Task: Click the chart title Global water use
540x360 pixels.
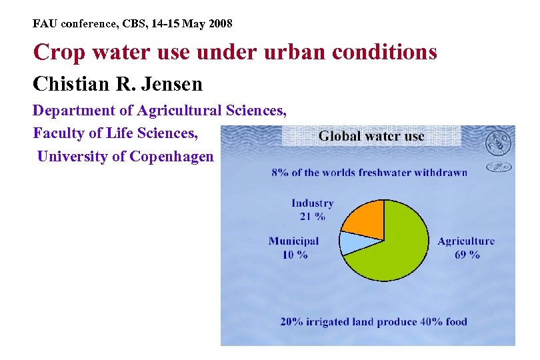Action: (371, 136)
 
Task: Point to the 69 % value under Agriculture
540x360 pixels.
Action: (467, 255)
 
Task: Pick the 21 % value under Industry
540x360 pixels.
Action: (312, 216)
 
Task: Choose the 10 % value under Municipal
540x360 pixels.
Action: (294, 255)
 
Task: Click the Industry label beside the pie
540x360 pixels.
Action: (312, 203)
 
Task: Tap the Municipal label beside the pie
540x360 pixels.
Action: (294, 241)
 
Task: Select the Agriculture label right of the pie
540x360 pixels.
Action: (466, 241)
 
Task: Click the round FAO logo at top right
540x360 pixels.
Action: (498, 143)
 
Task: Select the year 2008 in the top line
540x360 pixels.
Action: (219, 24)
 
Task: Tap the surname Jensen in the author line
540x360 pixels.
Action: (169, 85)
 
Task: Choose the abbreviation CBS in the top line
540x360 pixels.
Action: (129, 24)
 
